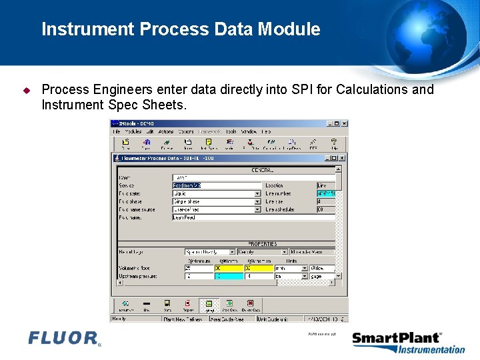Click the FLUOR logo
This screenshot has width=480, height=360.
[64, 339]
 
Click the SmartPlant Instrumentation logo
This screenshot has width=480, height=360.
[408, 343]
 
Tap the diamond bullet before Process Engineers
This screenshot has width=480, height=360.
[27, 90]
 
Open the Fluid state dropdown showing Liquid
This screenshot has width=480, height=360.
[257, 193]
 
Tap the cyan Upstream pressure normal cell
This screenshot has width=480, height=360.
[229, 276]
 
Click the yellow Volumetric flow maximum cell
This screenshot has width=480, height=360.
[259, 268]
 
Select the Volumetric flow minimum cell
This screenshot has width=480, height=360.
[198, 268]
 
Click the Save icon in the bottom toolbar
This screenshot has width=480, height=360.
[167, 305]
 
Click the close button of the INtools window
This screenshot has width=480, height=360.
[344, 123]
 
